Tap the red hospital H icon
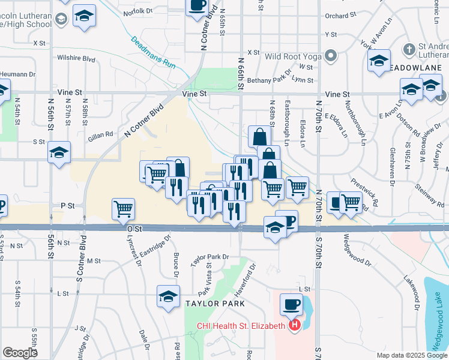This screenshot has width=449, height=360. [295, 326]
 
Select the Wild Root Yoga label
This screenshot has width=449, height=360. [294, 56]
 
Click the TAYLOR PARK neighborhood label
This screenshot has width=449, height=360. [214, 304]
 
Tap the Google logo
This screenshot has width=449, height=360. [20, 353]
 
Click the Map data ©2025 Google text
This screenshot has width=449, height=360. [411, 355]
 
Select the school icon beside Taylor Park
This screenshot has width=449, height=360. [169, 296]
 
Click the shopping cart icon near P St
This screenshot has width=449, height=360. [123, 209]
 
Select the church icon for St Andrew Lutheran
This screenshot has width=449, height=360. [409, 49]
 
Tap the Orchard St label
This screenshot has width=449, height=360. [336, 16]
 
